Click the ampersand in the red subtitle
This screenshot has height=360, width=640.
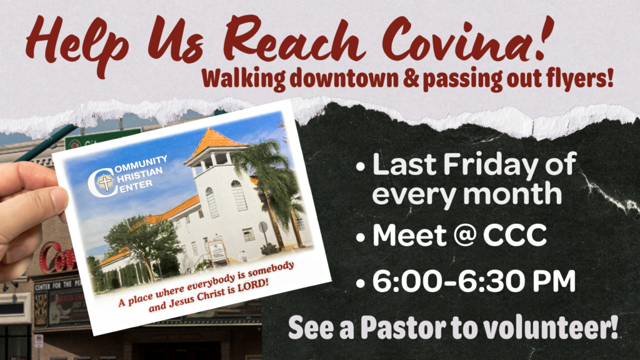(411, 79)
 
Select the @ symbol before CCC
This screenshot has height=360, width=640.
(462, 236)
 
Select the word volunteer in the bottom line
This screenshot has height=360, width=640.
(548, 327)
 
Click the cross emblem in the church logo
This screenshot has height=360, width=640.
(106, 182)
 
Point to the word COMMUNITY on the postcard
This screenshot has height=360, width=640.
(139, 163)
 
